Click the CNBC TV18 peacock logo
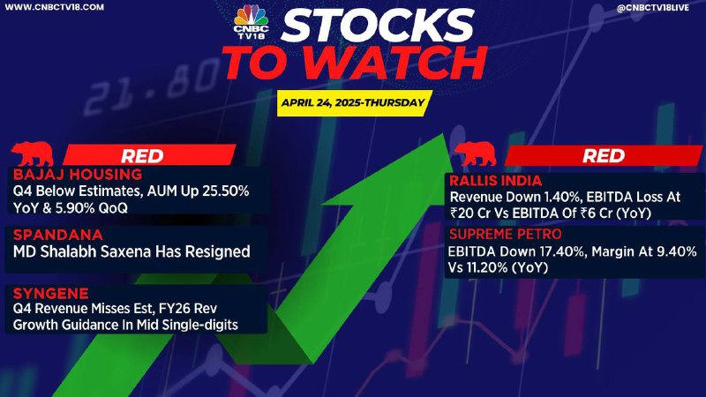251,21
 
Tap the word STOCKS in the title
378,26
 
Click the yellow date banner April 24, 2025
355,103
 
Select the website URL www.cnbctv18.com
54,7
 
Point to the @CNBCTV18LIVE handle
652,8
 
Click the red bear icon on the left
33,154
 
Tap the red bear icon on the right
475,154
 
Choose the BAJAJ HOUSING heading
78,174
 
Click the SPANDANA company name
58,235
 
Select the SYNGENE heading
51,294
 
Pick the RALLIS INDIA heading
495,181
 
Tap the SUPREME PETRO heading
505,234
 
